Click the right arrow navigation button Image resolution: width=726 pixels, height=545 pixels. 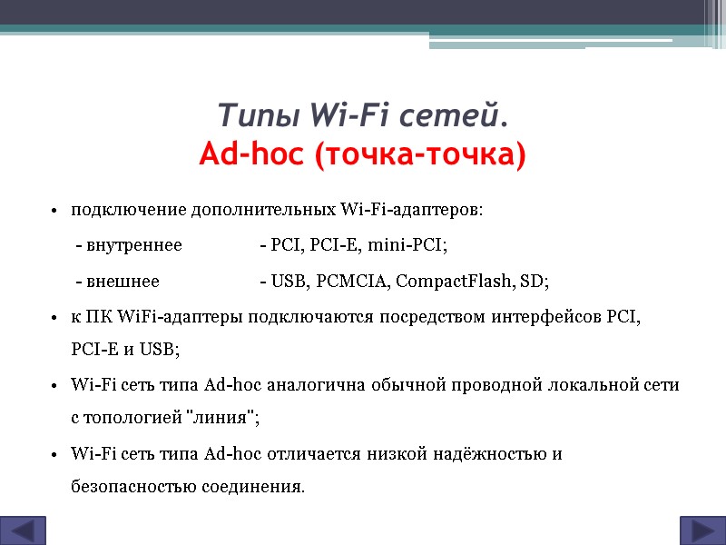click(701, 530)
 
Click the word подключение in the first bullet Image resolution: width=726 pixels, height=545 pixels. click(128, 211)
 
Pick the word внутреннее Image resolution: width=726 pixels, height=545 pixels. click(133, 245)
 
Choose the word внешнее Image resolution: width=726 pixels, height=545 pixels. click(123, 281)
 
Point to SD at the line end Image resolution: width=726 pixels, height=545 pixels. click(534, 281)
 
